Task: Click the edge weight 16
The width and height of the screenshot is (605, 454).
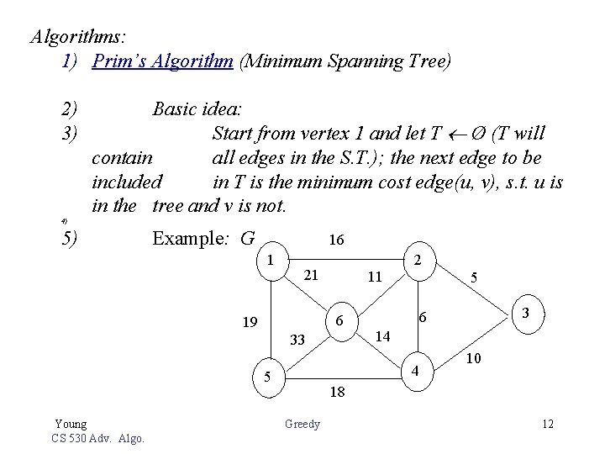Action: (336, 240)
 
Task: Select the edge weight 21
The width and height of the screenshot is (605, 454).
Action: (310, 275)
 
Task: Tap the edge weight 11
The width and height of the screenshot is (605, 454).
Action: (375, 276)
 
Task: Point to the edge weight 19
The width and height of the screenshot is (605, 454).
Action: (250, 322)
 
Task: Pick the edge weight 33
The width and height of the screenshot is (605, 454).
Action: (297, 340)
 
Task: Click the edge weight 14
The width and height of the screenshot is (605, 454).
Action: (382, 335)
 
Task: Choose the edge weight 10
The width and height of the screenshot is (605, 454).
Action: (472, 359)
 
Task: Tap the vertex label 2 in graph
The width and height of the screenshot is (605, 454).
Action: (418, 261)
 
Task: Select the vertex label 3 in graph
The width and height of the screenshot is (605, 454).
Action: (524, 313)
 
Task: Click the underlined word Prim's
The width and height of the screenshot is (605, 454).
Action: (118, 61)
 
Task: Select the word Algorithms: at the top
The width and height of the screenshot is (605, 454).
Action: (78, 37)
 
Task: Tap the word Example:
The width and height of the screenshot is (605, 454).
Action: (192, 239)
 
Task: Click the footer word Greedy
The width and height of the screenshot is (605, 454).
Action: (302, 425)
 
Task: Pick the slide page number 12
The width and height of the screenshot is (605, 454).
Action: (548, 424)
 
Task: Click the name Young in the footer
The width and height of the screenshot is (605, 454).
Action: (71, 424)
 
